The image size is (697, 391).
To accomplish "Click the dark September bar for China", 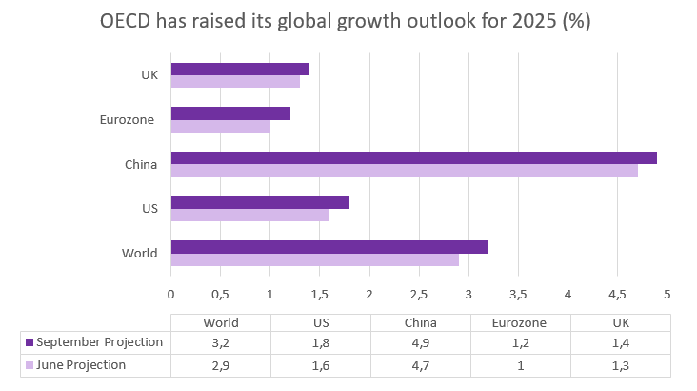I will (x=413, y=157).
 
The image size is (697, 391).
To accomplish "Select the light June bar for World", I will (x=314, y=259).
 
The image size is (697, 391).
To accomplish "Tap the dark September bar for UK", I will (x=240, y=69).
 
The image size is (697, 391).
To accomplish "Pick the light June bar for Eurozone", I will (x=220, y=126).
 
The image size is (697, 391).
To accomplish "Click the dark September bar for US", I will (x=260, y=202).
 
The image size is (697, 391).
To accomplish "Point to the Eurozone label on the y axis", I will (x=128, y=120).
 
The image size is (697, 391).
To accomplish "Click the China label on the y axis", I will (x=141, y=165).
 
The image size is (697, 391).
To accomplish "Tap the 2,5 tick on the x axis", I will (x=419, y=293).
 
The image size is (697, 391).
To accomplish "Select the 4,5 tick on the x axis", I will (x=617, y=293).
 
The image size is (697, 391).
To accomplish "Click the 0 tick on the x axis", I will (x=170, y=293).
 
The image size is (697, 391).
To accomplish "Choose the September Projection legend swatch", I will (x=30, y=342).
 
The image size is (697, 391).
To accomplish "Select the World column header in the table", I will (x=221, y=322).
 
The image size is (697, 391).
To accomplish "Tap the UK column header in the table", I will (x=621, y=322).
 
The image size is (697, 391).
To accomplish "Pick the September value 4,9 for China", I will (x=420, y=342).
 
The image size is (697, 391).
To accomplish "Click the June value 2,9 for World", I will (x=221, y=364).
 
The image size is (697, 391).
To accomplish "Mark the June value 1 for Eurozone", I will (x=521, y=364).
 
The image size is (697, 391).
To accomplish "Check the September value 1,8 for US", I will (x=321, y=342).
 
